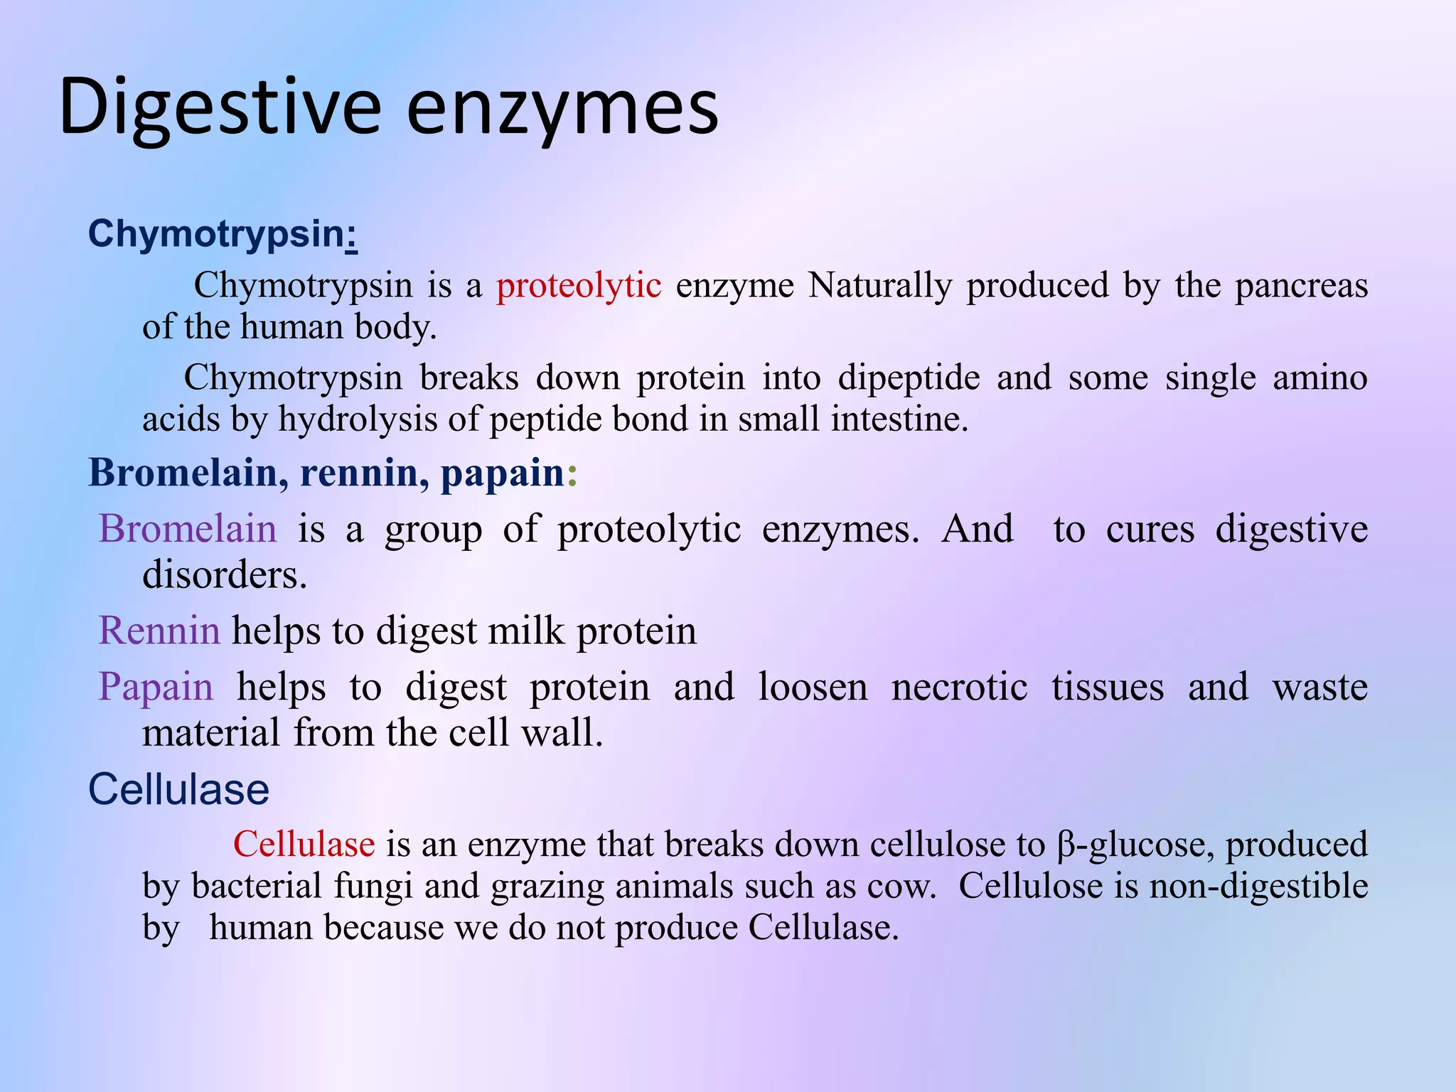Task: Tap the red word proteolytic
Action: click(579, 286)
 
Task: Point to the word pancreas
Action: click(1301, 286)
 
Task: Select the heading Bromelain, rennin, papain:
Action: click(332, 472)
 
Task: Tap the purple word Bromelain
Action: click(188, 529)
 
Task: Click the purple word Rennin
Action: click(159, 631)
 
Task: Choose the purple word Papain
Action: click(156, 687)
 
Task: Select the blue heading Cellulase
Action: click(178, 789)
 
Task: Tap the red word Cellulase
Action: click(304, 845)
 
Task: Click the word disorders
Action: click(224, 574)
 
